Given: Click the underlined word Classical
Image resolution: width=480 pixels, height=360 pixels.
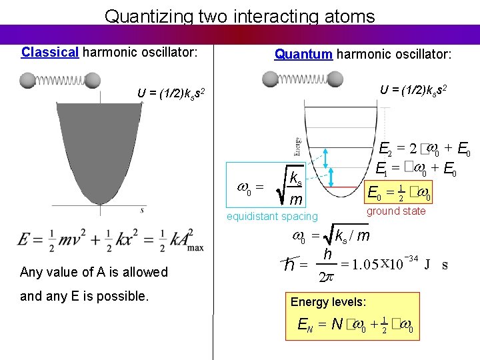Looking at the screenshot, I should [x=50, y=52].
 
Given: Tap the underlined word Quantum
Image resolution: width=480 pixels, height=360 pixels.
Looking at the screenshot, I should [x=303, y=53].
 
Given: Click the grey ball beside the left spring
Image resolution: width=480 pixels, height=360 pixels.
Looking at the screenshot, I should [x=27, y=81].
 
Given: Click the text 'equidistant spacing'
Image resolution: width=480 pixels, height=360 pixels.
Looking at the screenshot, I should [x=272, y=216].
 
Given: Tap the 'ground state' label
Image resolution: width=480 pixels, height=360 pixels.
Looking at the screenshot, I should [x=396, y=211].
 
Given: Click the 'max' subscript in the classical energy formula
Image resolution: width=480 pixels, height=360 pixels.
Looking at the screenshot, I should [x=196, y=248].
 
